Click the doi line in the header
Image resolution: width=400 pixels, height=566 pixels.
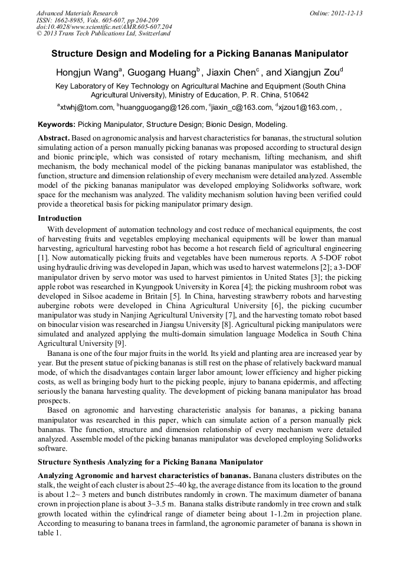[104, 27]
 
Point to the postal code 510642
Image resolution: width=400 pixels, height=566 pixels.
[294, 94]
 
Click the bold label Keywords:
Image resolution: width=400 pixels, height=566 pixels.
[57, 125]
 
